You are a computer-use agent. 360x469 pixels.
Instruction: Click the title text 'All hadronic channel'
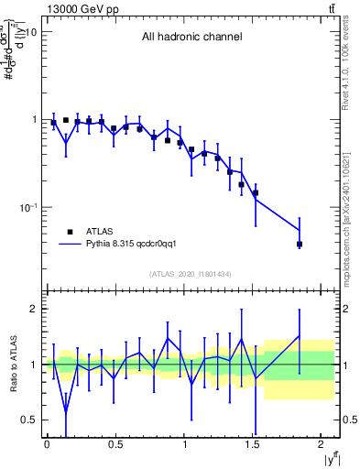(x=191, y=38)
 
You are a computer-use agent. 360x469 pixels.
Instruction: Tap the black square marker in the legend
(x=70, y=232)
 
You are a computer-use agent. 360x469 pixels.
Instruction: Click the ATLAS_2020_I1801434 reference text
(x=191, y=274)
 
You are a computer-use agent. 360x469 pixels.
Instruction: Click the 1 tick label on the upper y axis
(x=33, y=120)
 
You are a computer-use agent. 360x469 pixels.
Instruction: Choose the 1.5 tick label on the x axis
(x=253, y=444)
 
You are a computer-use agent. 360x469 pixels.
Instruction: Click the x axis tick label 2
(x=322, y=444)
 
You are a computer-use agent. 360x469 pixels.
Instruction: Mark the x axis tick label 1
(x=184, y=444)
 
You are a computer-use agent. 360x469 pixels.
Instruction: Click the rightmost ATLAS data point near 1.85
(x=300, y=245)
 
